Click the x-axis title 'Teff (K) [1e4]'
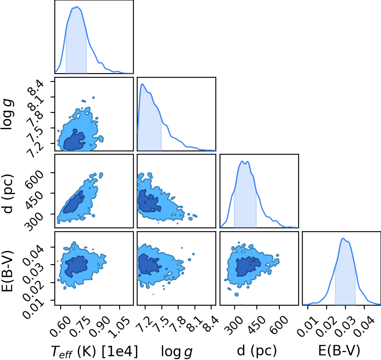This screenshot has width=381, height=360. [94, 351]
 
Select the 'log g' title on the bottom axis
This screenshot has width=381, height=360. [176, 351]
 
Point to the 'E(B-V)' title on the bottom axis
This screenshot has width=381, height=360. [339, 351]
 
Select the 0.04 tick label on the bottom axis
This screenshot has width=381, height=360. [364, 326]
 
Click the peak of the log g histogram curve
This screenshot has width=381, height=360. [142, 84]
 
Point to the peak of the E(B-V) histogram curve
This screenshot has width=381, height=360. [343, 238]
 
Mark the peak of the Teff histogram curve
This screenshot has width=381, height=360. [77, 7]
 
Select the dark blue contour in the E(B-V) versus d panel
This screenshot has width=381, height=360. [248, 266]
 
